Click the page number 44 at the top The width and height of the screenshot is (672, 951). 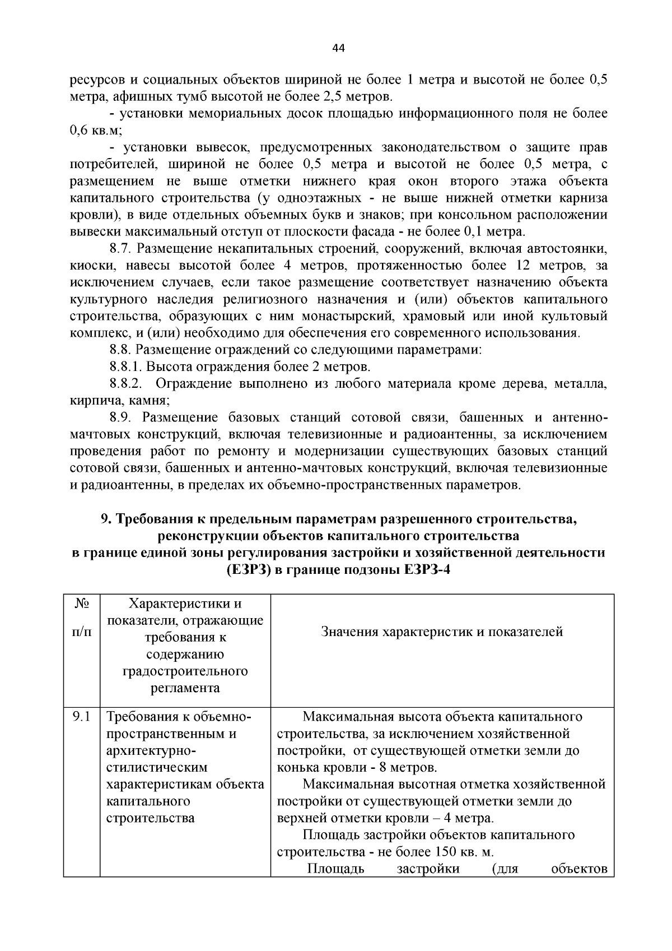(338, 48)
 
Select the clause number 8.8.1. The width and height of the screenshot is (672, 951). (127, 367)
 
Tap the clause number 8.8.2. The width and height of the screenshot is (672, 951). (127, 384)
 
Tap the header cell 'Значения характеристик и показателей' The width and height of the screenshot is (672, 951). (442, 632)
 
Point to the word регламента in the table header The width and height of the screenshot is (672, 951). (185, 688)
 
